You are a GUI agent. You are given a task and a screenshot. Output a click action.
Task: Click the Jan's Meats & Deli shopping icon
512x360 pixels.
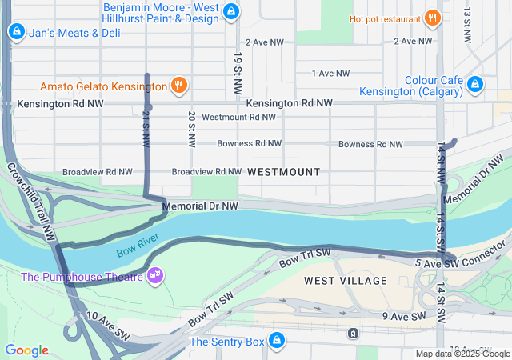[x=15, y=32]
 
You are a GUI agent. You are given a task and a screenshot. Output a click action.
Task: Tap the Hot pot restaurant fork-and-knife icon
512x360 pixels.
[x=432, y=18]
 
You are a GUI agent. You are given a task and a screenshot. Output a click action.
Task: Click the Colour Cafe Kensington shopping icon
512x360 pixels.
[x=475, y=83]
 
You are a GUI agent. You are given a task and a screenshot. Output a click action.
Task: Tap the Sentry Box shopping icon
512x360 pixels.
[x=277, y=341]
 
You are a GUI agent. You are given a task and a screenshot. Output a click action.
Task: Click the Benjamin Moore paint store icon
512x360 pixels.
[x=231, y=11]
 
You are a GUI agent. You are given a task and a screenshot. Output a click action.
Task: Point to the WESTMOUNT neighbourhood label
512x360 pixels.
[x=283, y=172]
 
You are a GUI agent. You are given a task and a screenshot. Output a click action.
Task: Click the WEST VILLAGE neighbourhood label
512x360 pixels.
[x=345, y=281]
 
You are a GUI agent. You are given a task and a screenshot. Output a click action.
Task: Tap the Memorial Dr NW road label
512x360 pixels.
[x=200, y=206]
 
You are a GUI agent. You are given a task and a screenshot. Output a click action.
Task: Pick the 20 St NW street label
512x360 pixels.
[x=192, y=129]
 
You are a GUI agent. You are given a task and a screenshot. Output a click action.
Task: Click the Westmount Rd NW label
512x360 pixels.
[x=238, y=117]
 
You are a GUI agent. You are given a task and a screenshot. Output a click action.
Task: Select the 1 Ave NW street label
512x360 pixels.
[x=330, y=74]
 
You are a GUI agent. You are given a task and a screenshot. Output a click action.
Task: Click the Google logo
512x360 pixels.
[x=27, y=350]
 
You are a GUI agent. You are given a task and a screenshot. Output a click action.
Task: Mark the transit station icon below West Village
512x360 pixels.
[x=351, y=332]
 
